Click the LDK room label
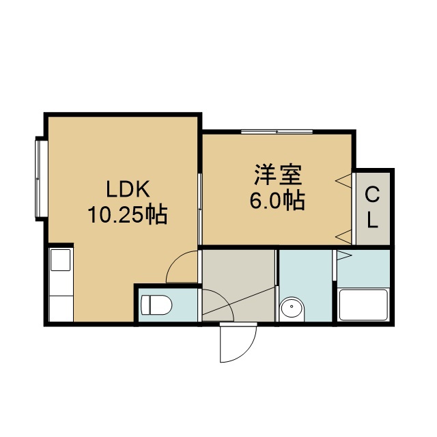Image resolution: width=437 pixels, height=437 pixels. point(128,189)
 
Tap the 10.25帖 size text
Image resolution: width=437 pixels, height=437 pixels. point(128,214)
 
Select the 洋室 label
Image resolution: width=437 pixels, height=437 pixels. point(278,175)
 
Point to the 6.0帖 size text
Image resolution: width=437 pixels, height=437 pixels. point(277,201)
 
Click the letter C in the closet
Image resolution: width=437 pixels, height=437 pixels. point(372,195)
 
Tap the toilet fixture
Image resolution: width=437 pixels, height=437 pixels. point(156,305)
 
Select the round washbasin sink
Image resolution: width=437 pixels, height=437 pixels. point(292,308)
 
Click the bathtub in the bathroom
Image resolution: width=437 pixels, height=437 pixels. point(363,305)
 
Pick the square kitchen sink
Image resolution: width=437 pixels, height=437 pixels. point(61,260)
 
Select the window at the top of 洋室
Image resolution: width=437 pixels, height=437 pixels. point(277,132)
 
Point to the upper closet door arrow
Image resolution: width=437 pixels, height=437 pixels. point(343,181)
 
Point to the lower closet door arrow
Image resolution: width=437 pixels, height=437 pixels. point(343,237)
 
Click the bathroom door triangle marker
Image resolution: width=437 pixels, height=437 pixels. point(344,255)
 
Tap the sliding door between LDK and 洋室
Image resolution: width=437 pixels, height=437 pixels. point(199,209)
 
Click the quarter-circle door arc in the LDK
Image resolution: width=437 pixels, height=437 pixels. point(174,259)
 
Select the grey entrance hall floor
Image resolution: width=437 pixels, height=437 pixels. point(238,285)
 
